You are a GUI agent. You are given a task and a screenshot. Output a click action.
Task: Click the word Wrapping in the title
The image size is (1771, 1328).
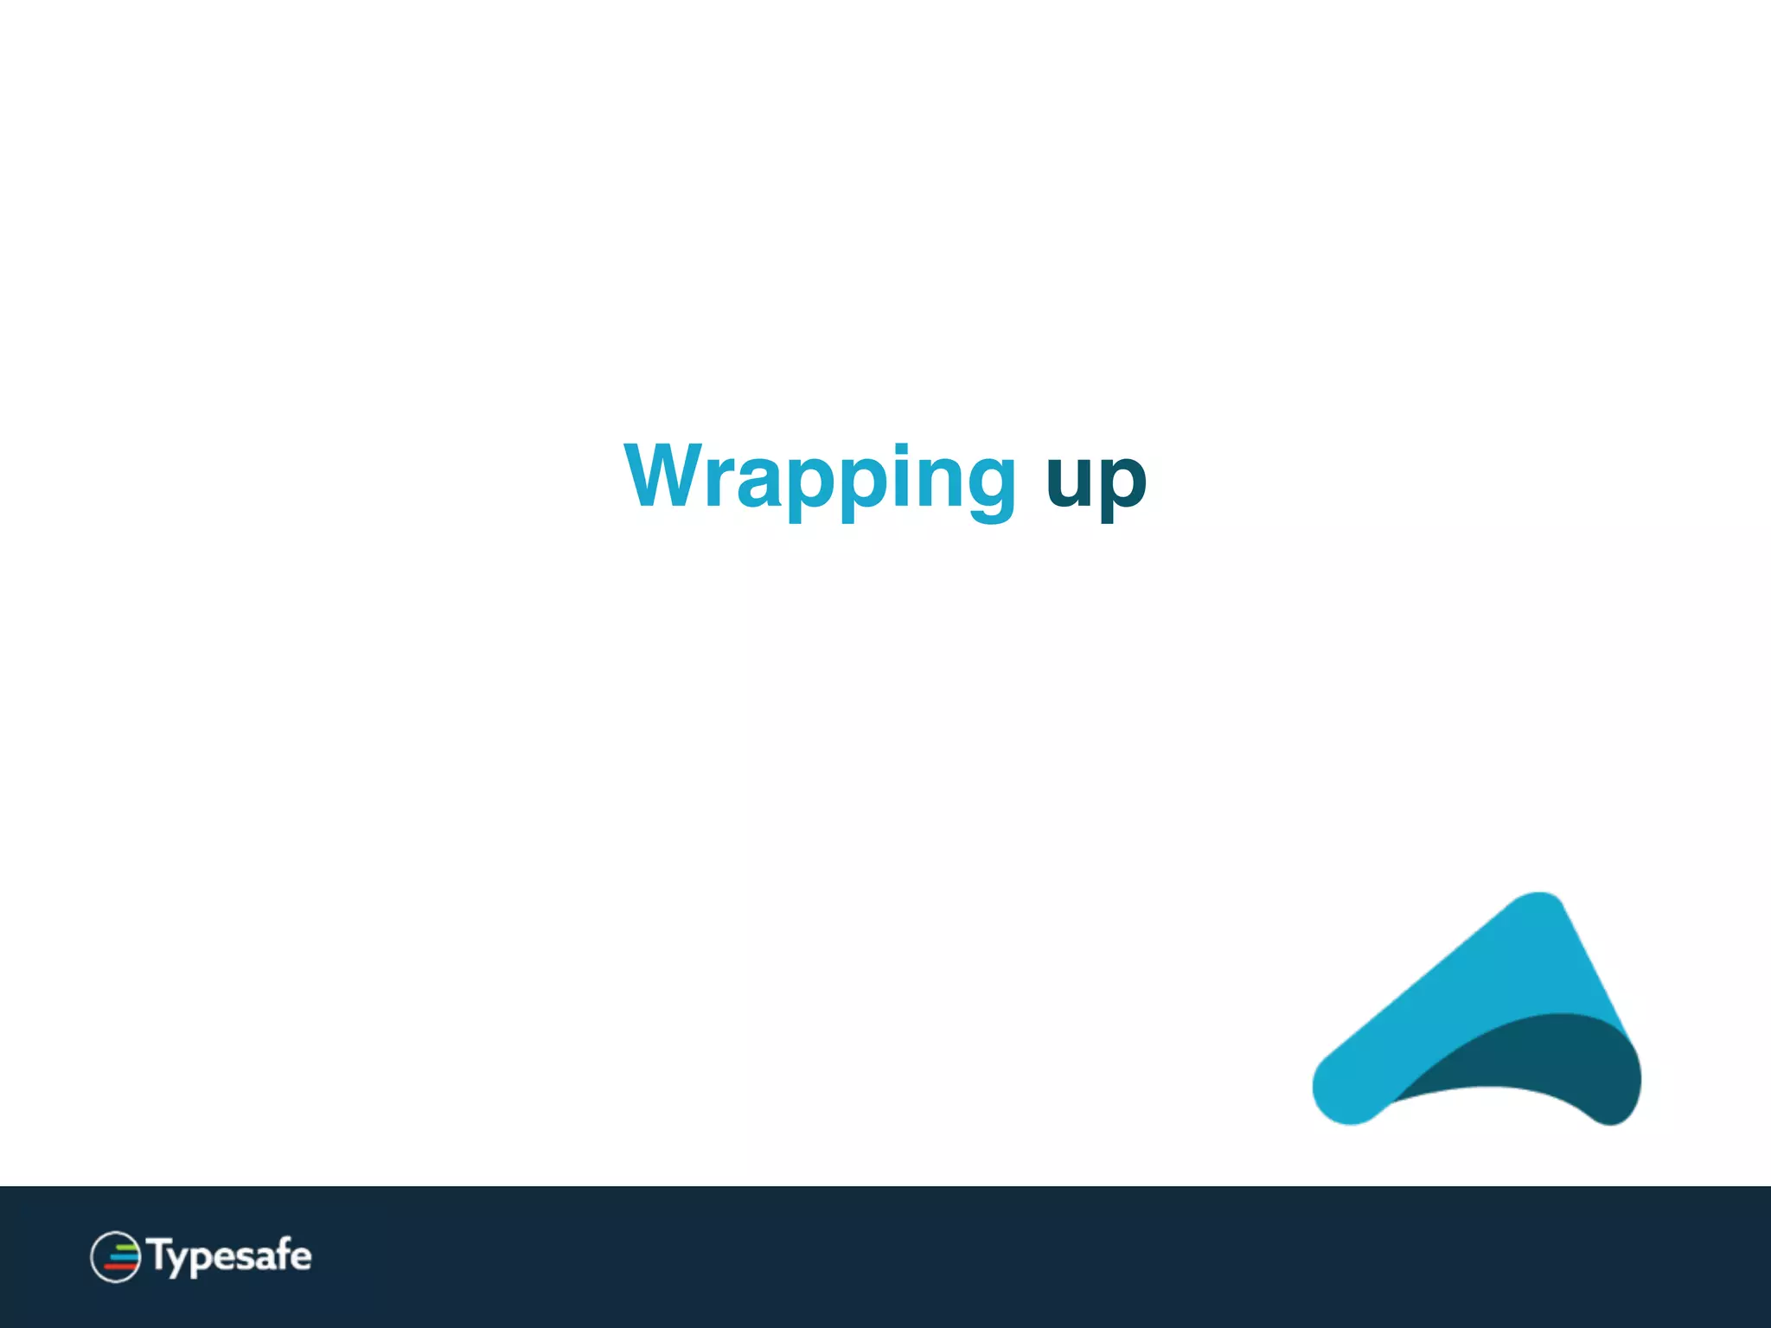pyautogui.click(x=820, y=478)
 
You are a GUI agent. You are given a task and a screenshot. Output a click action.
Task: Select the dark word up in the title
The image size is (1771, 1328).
pyautogui.click(x=1096, y=481)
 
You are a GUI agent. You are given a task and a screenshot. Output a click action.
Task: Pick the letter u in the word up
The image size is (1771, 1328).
pyautogui.click(x=1070, y=481)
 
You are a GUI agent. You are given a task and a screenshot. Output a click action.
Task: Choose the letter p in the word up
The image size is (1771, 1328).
pyautogui.click(x=1122, y=486)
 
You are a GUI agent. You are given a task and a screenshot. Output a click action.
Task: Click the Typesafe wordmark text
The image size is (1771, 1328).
pyautogui.click(x=230, y=1256)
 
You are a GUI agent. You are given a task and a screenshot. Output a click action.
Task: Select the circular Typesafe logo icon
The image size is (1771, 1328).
pyautogui.click(x=115, y=1256)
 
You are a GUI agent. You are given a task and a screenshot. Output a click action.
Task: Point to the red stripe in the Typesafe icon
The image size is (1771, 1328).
pyautogui.click(x=120, y=1267)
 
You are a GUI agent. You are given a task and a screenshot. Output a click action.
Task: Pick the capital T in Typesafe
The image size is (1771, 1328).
pyautogui.click(x=159, y=1254)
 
